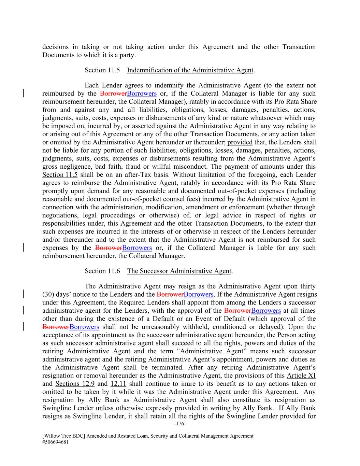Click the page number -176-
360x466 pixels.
(x=180, y=424)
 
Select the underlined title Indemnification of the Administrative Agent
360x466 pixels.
(x=190, y=70)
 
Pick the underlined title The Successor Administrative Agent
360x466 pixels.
(x=179, y=271)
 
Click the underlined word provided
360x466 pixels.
(x=240, y=142)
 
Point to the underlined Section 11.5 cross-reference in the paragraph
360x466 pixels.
(x=60, y=175)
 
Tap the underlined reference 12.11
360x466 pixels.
(x=118, y=384)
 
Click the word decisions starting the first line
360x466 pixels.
(x=55, y=47)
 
